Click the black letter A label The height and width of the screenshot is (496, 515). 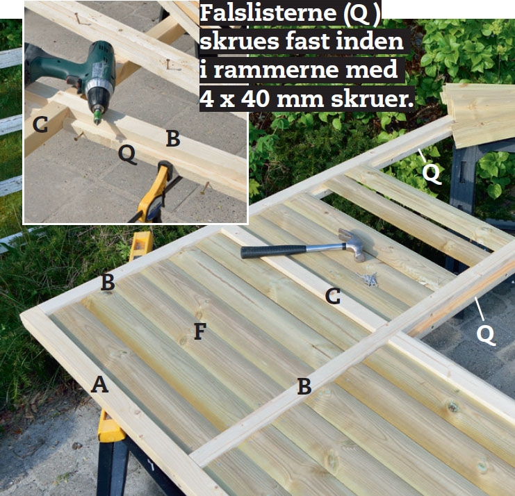pyautogui.click(x=99, y=384)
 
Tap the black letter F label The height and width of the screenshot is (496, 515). pyautogui.click(x=200, y=331)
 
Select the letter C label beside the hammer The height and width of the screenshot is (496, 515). pyautogui.click(x=333, y=296)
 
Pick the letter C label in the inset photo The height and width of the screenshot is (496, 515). pyautogui.click(x=40, y=125)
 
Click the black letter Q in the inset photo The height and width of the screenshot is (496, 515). pyautogui.click(x=127, y=154)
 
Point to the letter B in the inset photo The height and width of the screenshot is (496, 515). pyautogui.click(x=173, y=138)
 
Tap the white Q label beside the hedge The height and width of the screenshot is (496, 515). pyautogui.click(x=431, y=173)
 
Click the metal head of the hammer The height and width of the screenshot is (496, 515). pyautogui.click(x=353, y=244)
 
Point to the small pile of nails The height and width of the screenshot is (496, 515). pyautogui.click(x=368, y=279)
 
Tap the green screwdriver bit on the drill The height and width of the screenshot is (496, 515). pyautogui.click(x=97, y=117)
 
